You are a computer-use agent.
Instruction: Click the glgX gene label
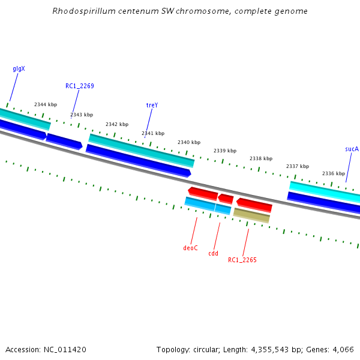(x=19, y=69)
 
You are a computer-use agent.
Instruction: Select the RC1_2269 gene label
(x=80, y=86)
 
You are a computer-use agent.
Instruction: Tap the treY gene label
(x=152, y=105)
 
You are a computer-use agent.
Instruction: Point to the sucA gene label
(x=352, y=148)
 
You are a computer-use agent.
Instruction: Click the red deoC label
(x=190, y=248)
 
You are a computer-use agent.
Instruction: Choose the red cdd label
(x=214, y=253)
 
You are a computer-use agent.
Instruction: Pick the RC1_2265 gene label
(x=242, y=260)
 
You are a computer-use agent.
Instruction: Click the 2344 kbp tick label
(x=46, y=104)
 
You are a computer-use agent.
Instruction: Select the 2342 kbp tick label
(x=117, y=124)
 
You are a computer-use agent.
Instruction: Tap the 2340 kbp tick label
(x=189, y=142)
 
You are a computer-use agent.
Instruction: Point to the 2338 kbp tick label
(x=261, y=158)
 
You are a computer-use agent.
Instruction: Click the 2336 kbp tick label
(x=333, y=173)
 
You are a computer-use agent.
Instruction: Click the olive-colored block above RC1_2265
(x=251, y=214)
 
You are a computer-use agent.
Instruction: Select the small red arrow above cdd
(x=226, y=198)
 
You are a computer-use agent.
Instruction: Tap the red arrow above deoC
(x=203, y=193)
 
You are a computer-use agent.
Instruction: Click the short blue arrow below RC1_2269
(x=64, y=141)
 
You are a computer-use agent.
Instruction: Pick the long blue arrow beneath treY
(x=138, y=160)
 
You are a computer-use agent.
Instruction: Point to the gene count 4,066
(x=343, y=349)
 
